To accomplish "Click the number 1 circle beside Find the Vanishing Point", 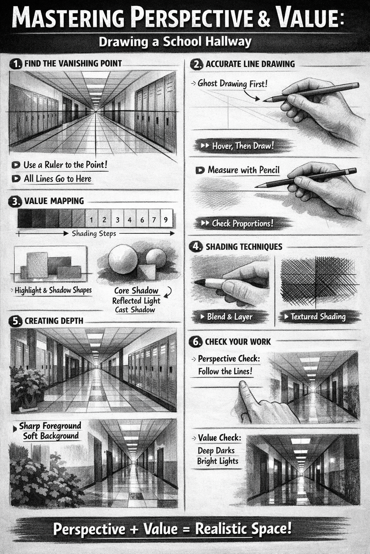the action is click(16, 64).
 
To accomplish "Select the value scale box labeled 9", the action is click(166, 218).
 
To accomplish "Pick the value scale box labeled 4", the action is click(130, 218).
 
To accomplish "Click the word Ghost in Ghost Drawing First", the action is click(207, 83).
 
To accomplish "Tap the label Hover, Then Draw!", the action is click(243, 146).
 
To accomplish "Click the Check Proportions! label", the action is click(242, 223).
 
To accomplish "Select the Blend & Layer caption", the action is click(230, 317).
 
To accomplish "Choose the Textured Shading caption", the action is click(318, 317).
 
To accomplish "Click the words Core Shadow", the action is click(136, 290).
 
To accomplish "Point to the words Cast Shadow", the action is click(135, 309).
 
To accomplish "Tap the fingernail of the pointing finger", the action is click(242, 384).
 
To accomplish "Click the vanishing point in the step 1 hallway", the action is click(96, 112).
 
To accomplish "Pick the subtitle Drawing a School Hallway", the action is click(175, 41).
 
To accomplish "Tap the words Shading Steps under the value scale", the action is click(94, 233).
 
